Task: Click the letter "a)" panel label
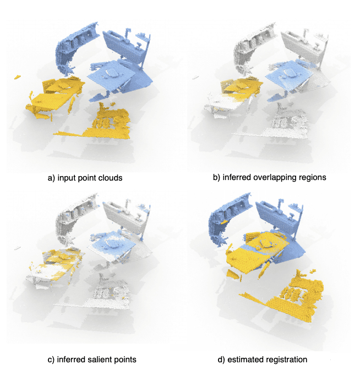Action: tap(51, 178)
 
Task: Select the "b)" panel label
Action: tap(216, 177)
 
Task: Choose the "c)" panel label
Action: tap(51, 360)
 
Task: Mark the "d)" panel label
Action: tap(221, 360)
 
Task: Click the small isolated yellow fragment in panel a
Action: tap(17, 77)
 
